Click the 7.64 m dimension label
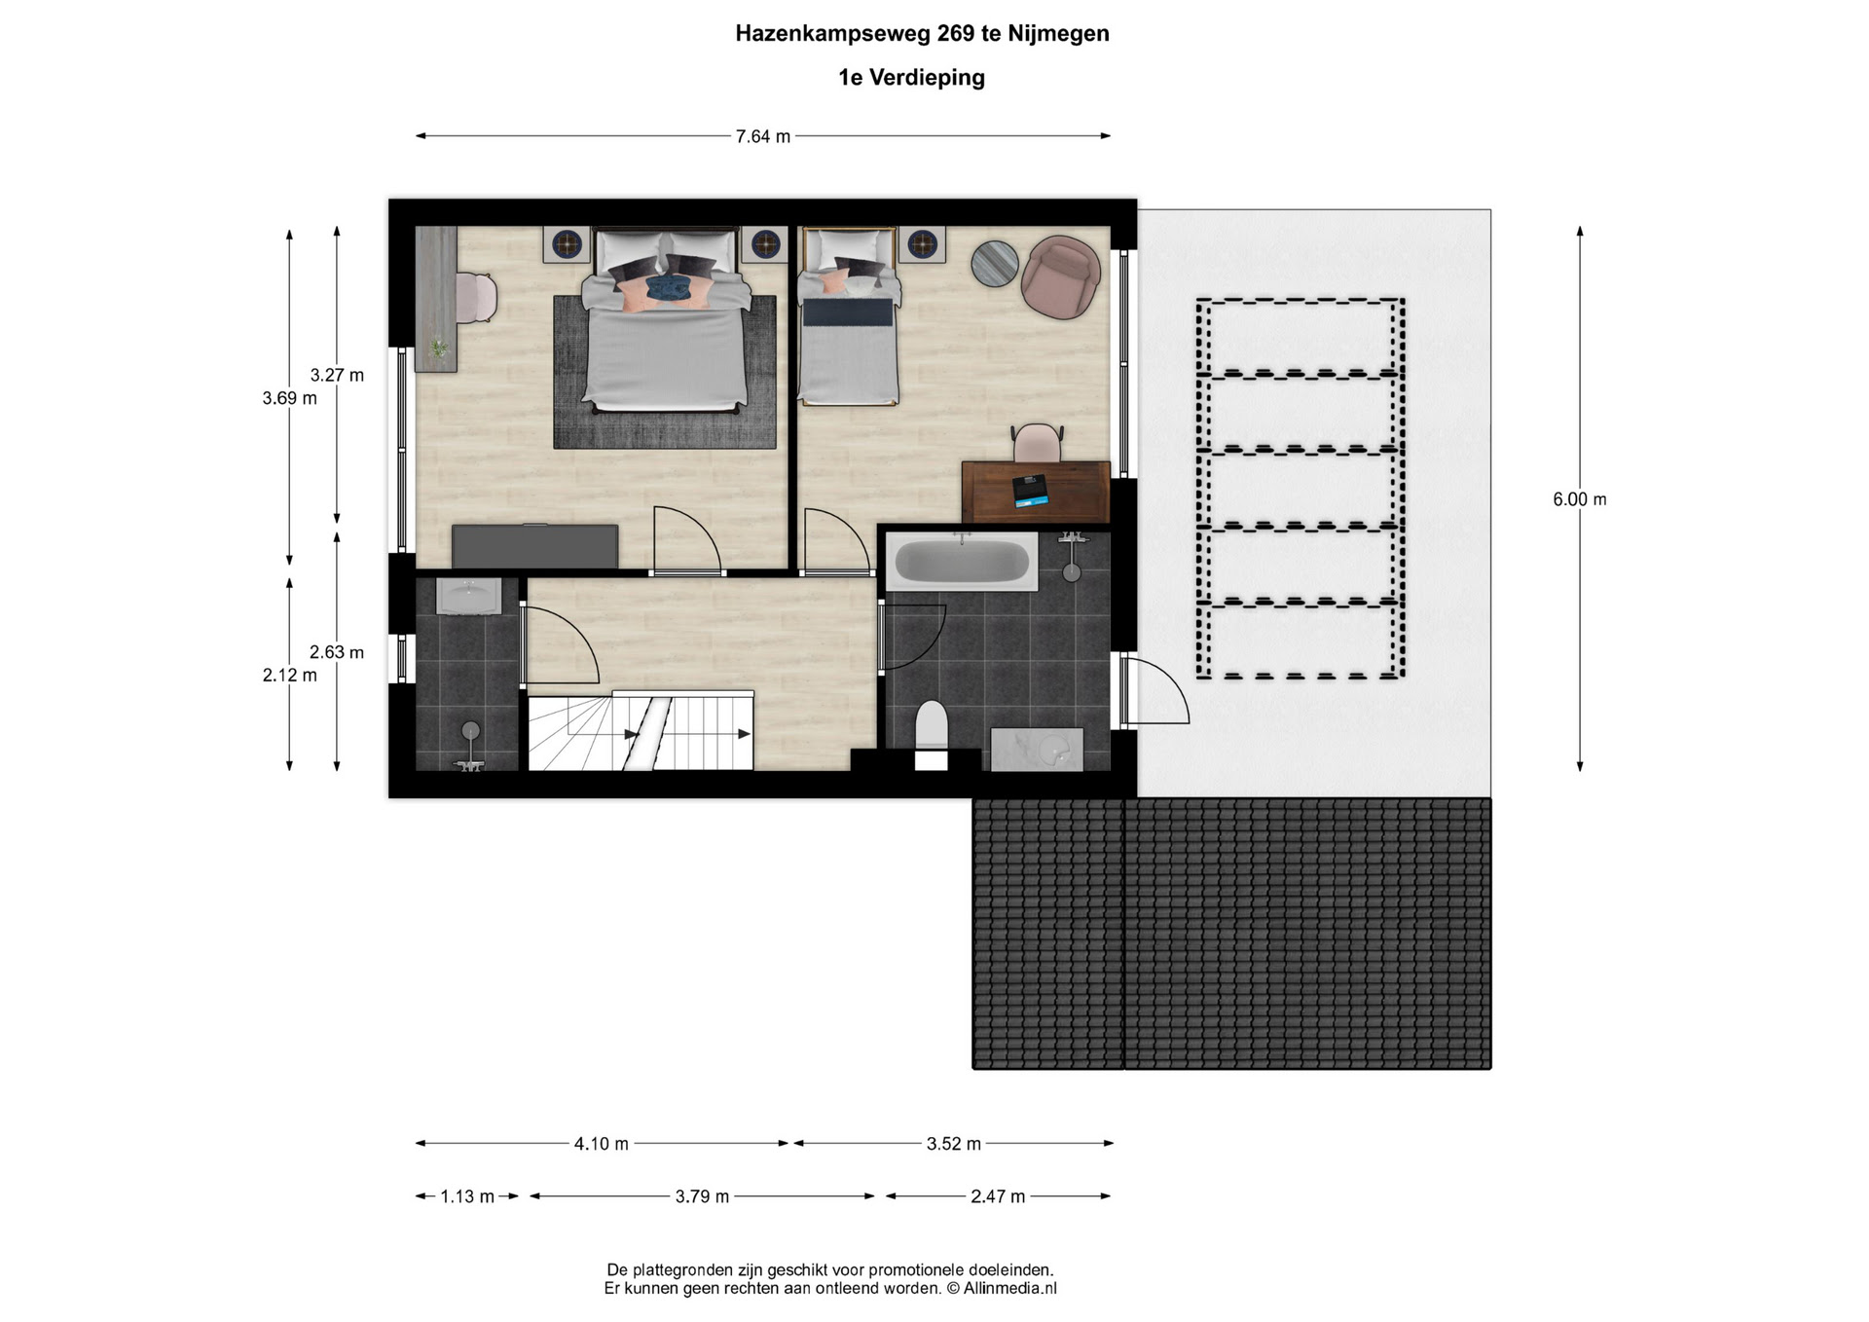coord(762,137)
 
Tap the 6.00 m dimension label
coord(1579,499)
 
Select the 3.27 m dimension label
coord(337,375)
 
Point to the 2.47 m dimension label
coord(998,1196)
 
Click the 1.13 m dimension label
coord(467,1196)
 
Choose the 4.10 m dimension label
coord(601,1144)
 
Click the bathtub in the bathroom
coord(962,562)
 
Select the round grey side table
coord(995,264)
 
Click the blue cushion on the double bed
coord(669,287)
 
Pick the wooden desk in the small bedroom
coord(1036,492)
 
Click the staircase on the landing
coord(641,730)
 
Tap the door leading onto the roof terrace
coord(1154,691)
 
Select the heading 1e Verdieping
coord(911,78)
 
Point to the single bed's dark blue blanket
coord(847,312)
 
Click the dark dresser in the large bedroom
coord(534,546)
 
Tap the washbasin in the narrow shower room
coord(468,596)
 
